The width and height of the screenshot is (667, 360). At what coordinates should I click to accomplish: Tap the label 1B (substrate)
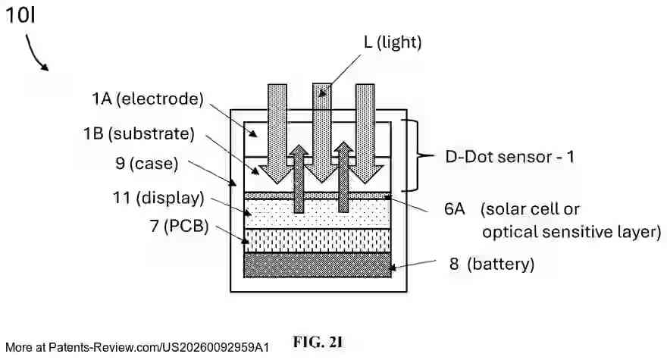pos(139,133)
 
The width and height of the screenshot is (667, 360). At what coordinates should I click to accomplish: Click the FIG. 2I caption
pos(318,343)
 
